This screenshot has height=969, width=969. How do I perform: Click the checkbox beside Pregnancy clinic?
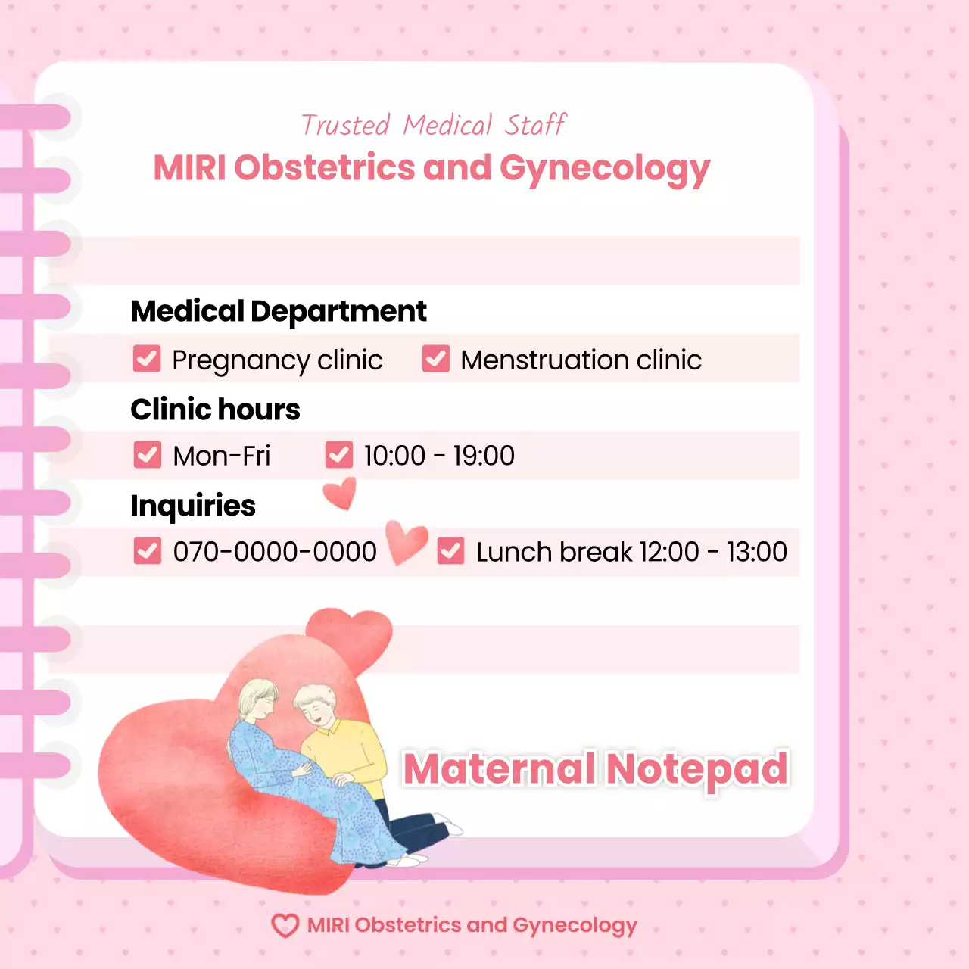[147, 359]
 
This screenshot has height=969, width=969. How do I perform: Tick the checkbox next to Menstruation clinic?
[436, 359]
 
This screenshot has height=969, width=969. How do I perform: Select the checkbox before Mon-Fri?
[148, 455]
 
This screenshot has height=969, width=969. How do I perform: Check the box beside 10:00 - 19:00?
[339, 455]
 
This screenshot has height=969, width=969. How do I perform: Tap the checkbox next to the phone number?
[148, 551]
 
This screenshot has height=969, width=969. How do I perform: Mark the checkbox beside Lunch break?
[451, 551]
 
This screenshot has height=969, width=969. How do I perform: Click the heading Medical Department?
[279, 311]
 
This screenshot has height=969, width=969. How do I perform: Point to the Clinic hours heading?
[215, 410]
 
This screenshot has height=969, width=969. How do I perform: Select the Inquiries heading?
[193, 506]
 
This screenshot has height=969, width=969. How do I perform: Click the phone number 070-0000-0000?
[275, 552]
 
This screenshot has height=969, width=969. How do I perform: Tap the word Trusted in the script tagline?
[345, 125]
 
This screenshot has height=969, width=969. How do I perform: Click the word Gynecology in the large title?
[604, 169]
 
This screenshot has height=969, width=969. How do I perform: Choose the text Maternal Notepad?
[595, 769]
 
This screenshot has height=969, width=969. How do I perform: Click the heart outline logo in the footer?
[285, 925]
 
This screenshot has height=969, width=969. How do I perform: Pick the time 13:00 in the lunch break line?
[756, 552]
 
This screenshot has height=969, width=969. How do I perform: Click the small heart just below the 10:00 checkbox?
[340, 493]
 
